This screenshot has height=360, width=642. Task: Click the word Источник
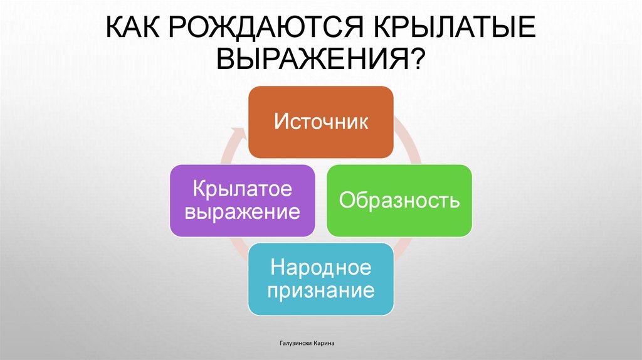pos(320,121)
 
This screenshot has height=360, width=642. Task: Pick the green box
pos(399,201)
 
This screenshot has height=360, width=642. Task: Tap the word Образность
pos(399,201)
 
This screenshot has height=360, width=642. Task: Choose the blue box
pos(320,279)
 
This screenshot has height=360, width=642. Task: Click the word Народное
pos(320,268)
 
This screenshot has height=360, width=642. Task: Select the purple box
pos(242,201)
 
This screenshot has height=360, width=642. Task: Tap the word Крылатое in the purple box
pos(242,189)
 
